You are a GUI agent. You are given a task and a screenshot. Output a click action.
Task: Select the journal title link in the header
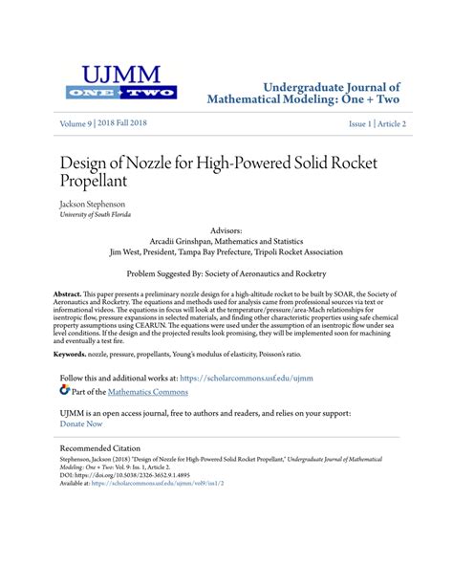[305, 92]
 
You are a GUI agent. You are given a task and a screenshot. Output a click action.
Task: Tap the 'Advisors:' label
[226, 231]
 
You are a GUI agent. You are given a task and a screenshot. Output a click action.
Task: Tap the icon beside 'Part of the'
[65, 390]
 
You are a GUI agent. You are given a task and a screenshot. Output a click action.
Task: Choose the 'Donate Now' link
[81, 423]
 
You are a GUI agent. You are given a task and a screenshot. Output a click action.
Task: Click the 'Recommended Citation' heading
[100, 447]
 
